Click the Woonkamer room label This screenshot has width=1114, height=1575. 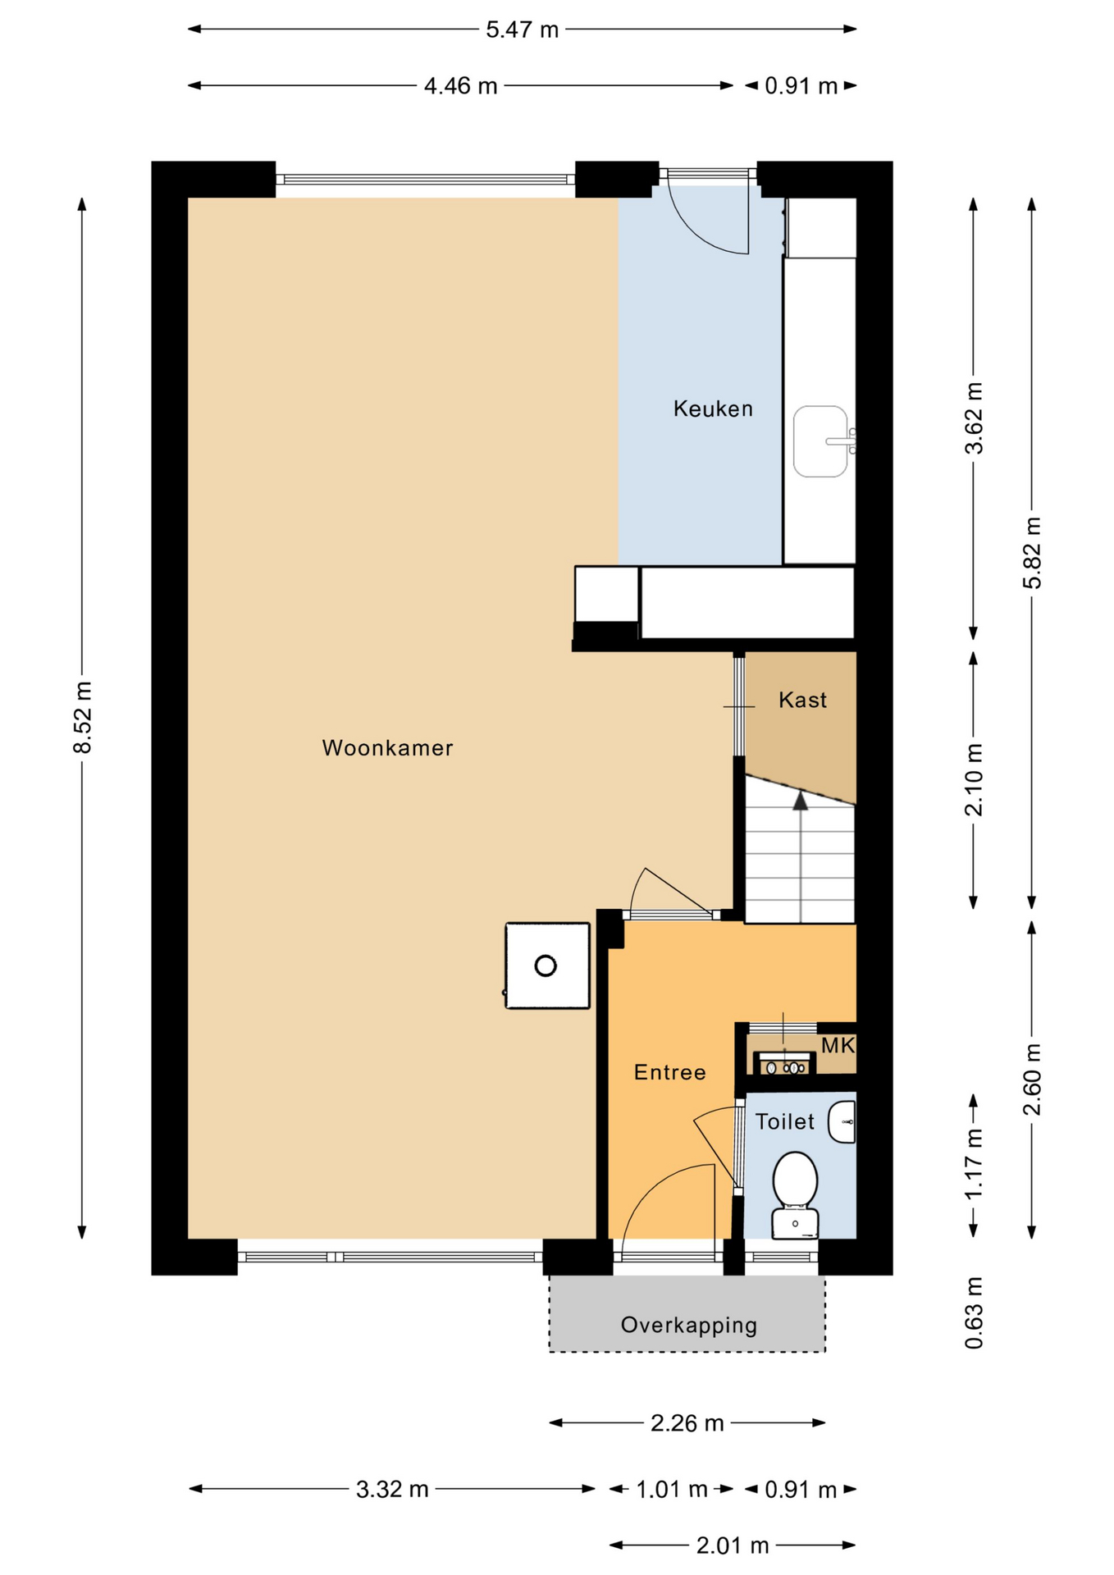[387, 748]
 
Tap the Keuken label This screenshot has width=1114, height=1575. [713, 409]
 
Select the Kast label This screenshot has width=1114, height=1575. [802, 700]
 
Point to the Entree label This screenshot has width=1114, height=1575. [669, 1072]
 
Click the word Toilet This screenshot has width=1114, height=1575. [785, 1121]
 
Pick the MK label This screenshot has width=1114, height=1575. [838, 1045]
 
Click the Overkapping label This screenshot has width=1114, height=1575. [689, 1325]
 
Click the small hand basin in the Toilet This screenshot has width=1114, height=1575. [842, 1122]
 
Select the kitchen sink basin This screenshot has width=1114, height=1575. [820, 441]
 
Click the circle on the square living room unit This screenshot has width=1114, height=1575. [546, 966]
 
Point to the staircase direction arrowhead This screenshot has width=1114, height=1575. [800, 801]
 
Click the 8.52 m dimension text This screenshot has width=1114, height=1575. [82, 717]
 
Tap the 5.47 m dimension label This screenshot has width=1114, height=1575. [522, 30]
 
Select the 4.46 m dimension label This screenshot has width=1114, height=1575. [460, 86]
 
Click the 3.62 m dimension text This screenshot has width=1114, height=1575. [974, 418]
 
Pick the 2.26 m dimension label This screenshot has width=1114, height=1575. [687, 1422]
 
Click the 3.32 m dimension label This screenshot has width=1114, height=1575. [392, 1489]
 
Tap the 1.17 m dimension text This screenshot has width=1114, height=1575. [974, 1164]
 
